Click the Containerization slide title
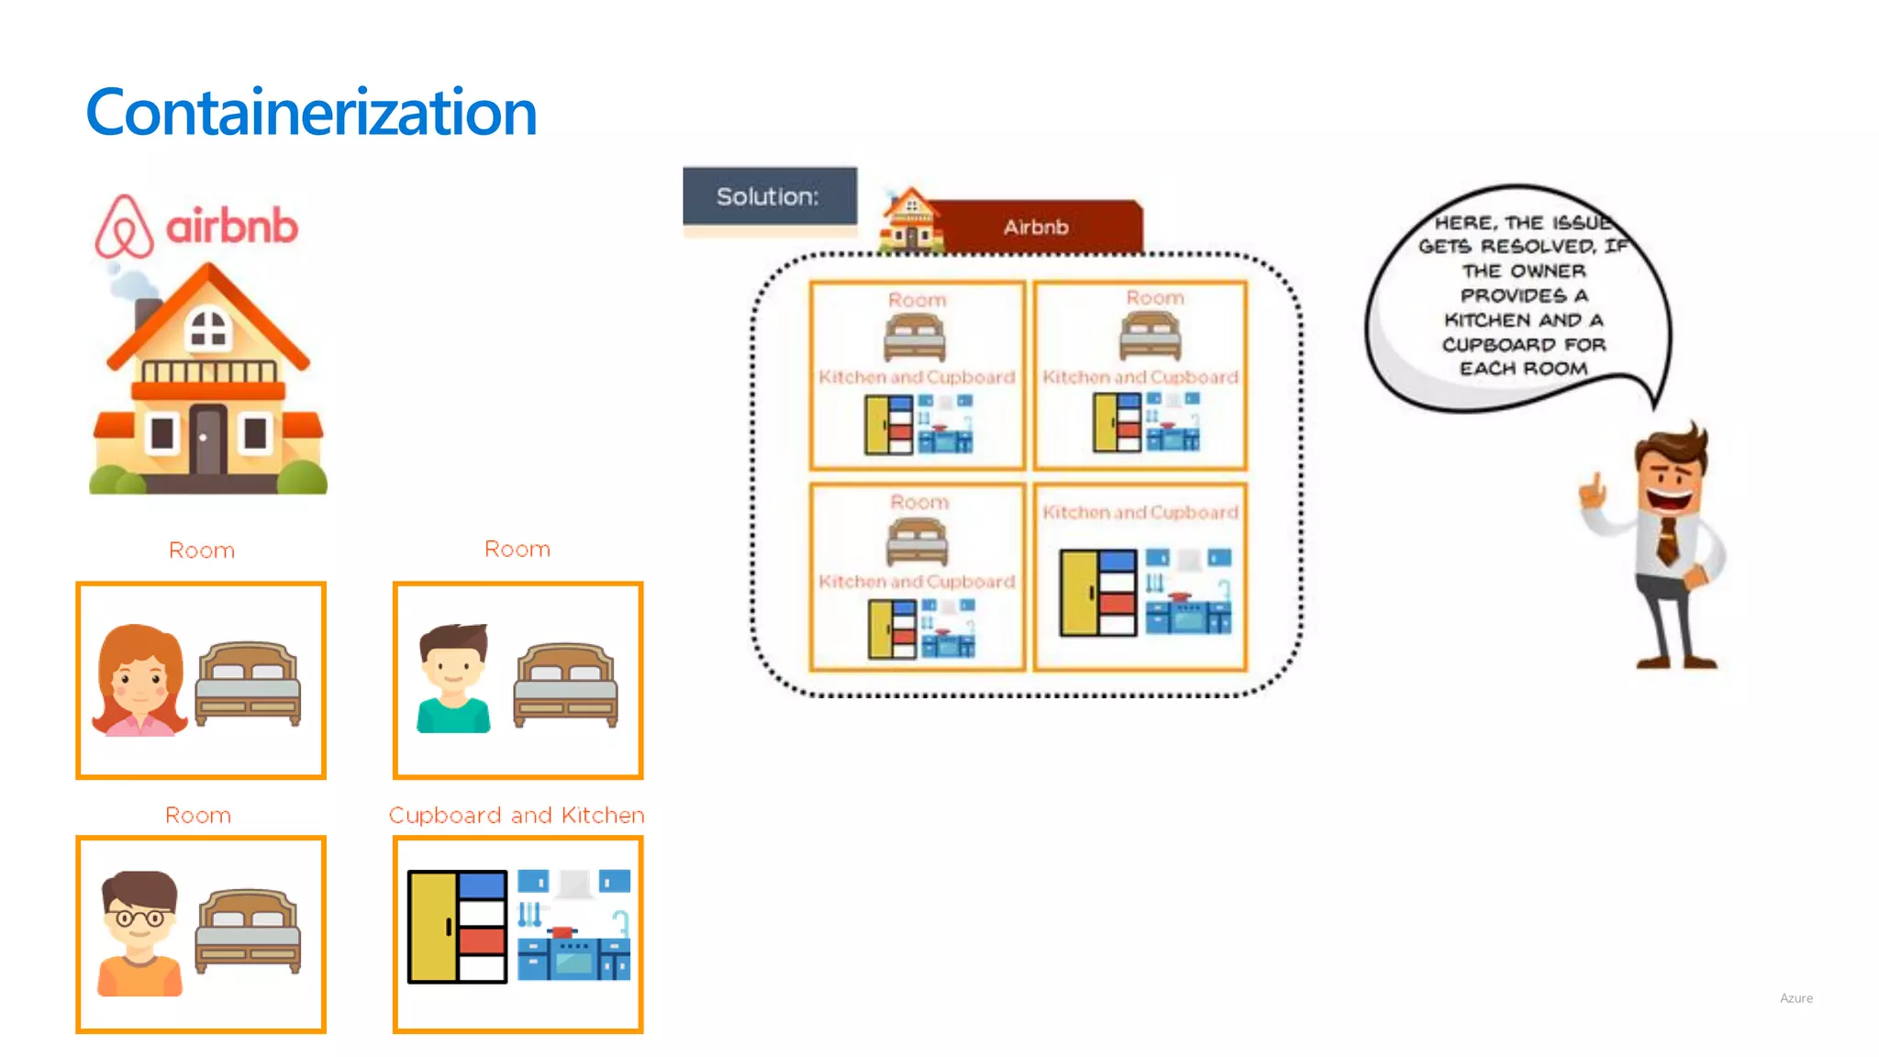[310, 113]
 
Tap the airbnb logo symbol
[125, 226]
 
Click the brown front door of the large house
[206, 439]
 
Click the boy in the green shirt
[452, 679]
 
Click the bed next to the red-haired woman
[248, 684]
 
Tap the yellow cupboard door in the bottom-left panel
[431, 927]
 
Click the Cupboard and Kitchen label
[517, 815]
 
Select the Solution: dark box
[769, 196]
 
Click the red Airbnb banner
[1037, 227]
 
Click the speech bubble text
[1523, 295]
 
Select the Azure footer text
[1796, 998]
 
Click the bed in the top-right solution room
[1150, 336]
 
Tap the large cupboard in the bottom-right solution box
[1097, 593]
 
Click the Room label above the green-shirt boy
[517, 549]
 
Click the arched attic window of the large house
[208, 328]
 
